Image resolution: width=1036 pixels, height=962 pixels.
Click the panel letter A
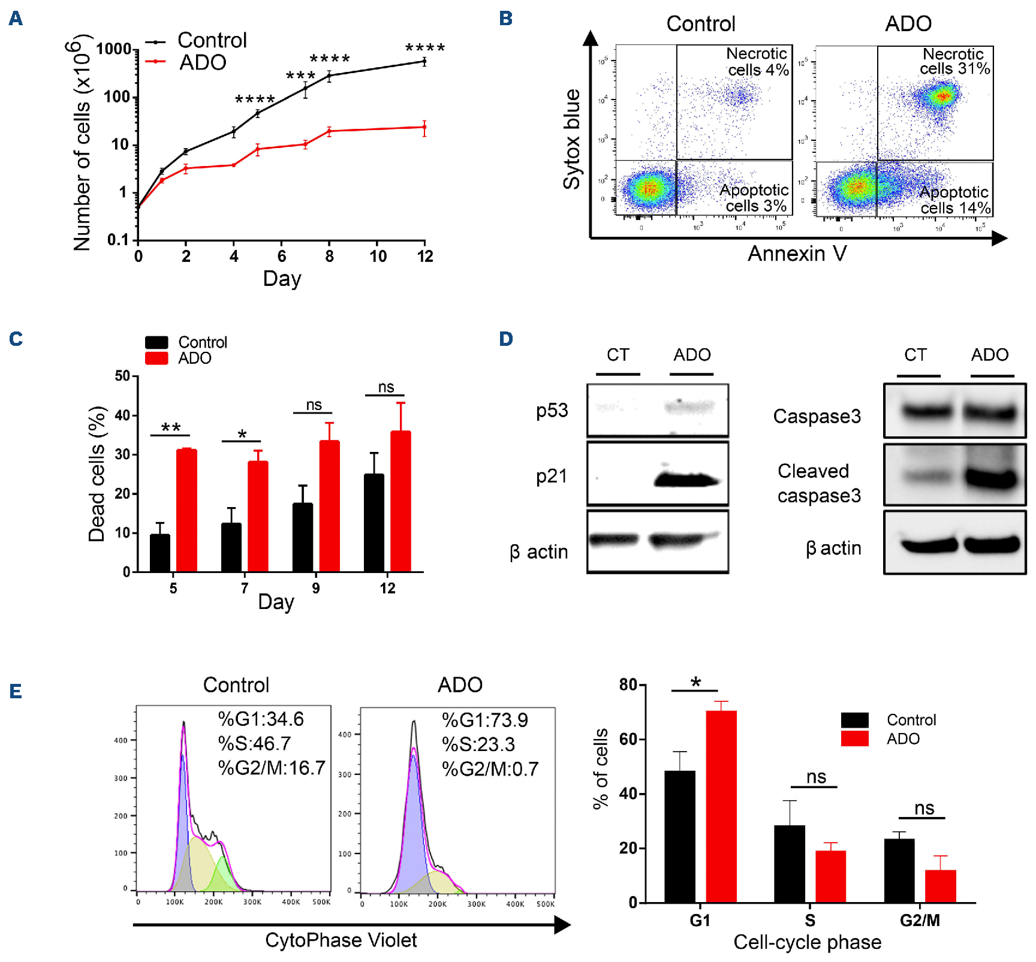[x=16, y=19]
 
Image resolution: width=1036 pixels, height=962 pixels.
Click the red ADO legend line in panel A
[x=155, y=61]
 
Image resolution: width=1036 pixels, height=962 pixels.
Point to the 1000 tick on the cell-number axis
[x=114, y=49]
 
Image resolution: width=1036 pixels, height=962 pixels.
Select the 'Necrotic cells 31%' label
[x=954, y=62]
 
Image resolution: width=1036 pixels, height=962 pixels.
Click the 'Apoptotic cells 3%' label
[x=754, y=198]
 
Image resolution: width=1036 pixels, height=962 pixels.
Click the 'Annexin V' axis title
[x=797, y=254]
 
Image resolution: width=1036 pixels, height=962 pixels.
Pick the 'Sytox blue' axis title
[x=572, y=139]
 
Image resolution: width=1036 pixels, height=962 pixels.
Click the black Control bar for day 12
[x=374, y=523]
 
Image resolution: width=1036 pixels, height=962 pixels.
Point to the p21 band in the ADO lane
[x=686, y=480]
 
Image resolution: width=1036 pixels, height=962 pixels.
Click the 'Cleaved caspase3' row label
[x=818, y=483]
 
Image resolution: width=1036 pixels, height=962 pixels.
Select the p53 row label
[x=552, y=411]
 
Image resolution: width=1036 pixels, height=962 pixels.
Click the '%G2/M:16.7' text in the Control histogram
[x=272, y=768]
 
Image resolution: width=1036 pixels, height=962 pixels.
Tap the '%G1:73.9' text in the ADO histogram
[x=484, y=720]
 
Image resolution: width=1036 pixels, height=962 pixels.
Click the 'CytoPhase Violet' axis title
[x=341, y=940]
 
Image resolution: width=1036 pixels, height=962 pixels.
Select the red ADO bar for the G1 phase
[x=721, y=806]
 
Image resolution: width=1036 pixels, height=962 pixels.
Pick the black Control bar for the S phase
[x=790, y=864]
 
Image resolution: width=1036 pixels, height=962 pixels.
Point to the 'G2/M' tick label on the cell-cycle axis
[x=920, y=920]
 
